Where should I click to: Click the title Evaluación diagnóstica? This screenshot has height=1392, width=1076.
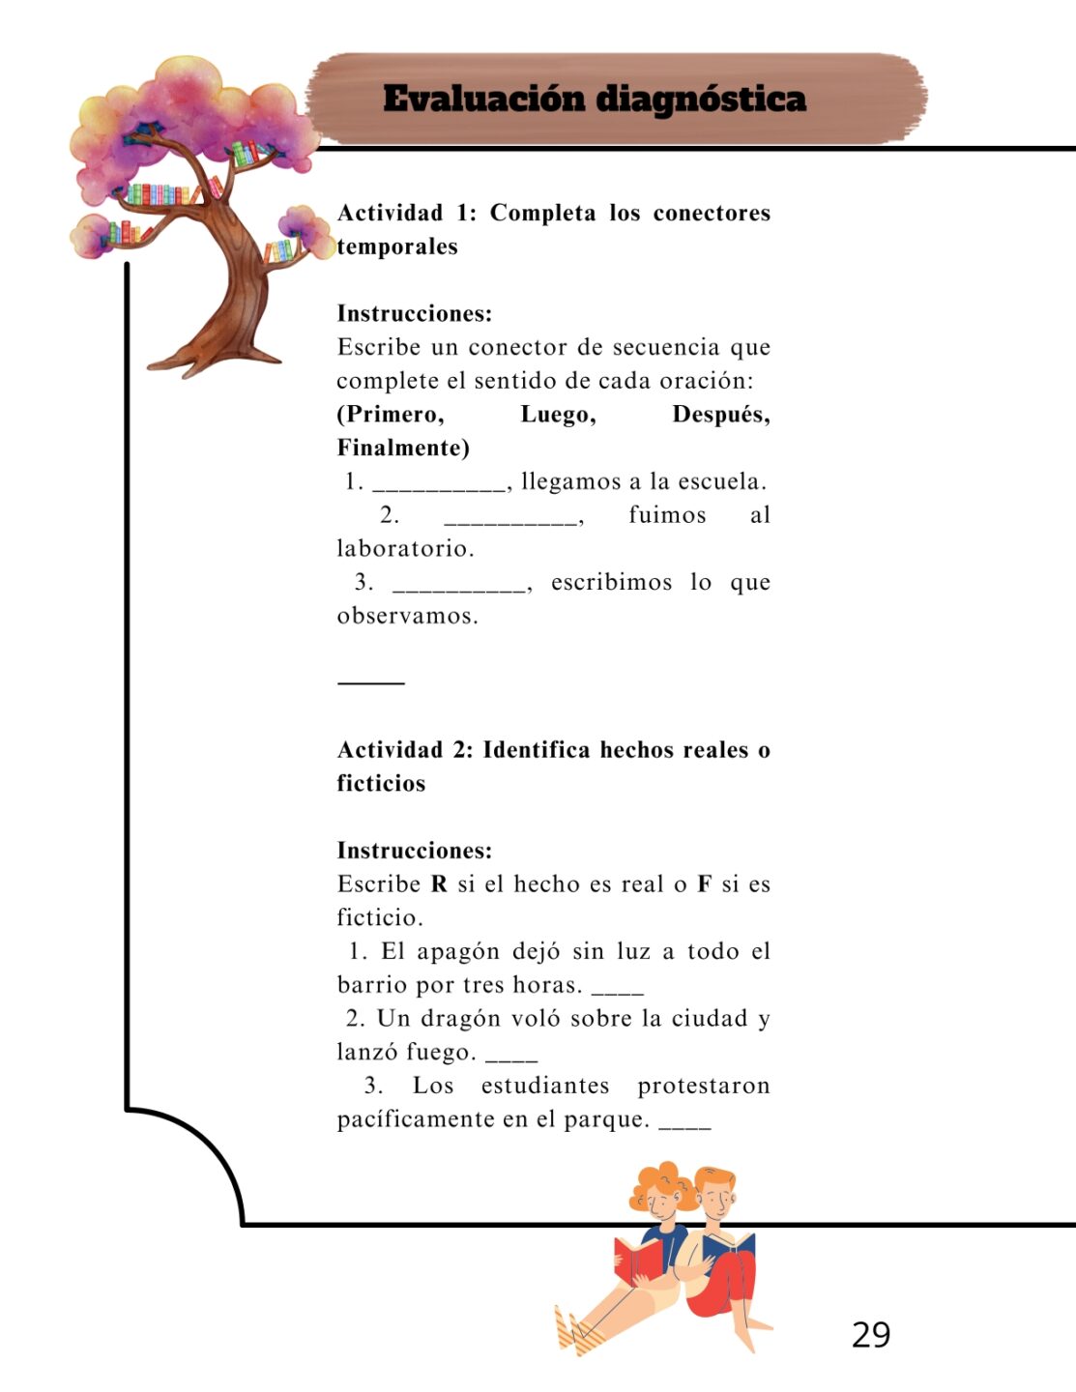tap(594, 99)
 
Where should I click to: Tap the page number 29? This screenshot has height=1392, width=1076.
tap(870, 1334)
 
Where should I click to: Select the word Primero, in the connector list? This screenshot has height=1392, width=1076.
tap(391, 415)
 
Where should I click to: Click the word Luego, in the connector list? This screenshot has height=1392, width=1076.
tap(558, 415)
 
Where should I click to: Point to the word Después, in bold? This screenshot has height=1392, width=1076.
tap(720, 415)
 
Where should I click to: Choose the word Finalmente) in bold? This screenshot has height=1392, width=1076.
tap(403, 448)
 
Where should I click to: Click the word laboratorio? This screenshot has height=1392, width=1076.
tap(405, 549)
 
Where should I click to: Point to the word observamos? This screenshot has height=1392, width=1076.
tap(407, 616)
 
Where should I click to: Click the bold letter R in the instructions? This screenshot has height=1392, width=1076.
tap(439, 884)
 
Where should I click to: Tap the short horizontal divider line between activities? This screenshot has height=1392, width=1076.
tap(371, 682)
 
